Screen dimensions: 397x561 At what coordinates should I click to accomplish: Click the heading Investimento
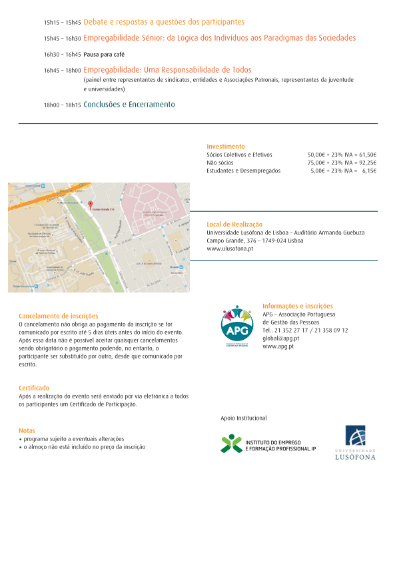(x=226, y=146)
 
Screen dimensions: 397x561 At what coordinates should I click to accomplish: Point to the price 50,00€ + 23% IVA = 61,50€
(x=342, y=154)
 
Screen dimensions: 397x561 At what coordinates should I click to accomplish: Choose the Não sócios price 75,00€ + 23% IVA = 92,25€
(x=342, y=163)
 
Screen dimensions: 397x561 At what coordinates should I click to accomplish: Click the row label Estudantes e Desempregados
(x=243, y=171)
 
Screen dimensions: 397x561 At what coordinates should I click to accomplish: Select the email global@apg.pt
(x=280, y=338)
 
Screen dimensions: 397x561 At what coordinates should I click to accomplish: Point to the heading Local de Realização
(x=234, y=225)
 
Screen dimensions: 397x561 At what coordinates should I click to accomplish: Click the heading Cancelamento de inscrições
(x=59, y=316)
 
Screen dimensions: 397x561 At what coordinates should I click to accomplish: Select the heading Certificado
(x=34, y=388)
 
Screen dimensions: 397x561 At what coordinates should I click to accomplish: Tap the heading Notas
(x=27, y=430)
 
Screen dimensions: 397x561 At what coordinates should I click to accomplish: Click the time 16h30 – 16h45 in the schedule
(x=63, y=55)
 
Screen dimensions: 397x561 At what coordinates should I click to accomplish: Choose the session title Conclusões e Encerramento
(x=129, y=105)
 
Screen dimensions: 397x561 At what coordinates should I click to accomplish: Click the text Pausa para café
(x=104, y=55)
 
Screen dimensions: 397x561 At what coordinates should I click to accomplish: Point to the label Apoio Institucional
(x=243, y=418)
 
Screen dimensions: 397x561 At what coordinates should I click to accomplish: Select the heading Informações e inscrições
(x=297, y=306)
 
